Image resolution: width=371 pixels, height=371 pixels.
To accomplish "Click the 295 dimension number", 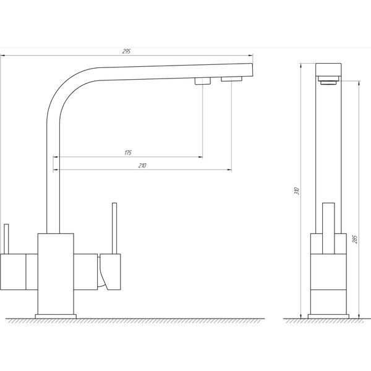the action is click(127, 51).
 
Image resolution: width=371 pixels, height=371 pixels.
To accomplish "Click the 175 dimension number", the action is click(128, 153).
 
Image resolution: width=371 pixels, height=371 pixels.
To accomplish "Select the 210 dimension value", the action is click(142, 166).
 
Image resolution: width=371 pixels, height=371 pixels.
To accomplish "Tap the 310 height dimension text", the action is click(297, 190).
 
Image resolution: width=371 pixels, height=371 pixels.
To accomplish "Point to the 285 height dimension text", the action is click(355, 239).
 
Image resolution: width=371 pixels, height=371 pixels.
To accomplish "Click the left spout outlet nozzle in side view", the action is click(203, 81).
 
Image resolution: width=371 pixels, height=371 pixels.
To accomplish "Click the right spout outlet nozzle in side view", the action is click(232, 79).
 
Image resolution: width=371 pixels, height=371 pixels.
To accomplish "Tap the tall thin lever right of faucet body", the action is click(114, 228).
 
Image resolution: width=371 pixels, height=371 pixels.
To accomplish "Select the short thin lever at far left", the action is click(6, 239).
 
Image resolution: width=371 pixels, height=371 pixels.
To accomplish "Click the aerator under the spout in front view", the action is click(328, 80).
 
